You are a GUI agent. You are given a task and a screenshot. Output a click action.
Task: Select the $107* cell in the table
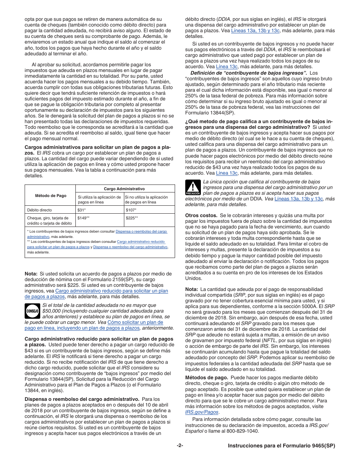(x=131, y=210)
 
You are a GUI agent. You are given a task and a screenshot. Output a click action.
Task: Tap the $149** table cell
(x=83, y=218)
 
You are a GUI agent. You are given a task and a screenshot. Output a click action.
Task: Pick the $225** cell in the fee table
(x=132, y=218)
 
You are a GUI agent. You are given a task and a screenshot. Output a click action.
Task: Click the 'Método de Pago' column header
(x=50, y=196)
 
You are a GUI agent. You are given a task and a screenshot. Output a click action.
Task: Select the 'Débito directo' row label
(x=39, y=210)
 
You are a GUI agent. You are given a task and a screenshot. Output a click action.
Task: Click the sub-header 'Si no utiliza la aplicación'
(x=147, y=197)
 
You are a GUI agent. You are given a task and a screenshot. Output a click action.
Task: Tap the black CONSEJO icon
(x=32, y=311)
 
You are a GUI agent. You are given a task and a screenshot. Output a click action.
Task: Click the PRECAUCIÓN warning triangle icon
(x=193, y=187)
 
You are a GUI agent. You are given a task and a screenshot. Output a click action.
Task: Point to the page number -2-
(x=180, y=446)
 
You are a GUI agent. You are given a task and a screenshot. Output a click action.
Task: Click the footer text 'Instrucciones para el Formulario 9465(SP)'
(x=282, y=446)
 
